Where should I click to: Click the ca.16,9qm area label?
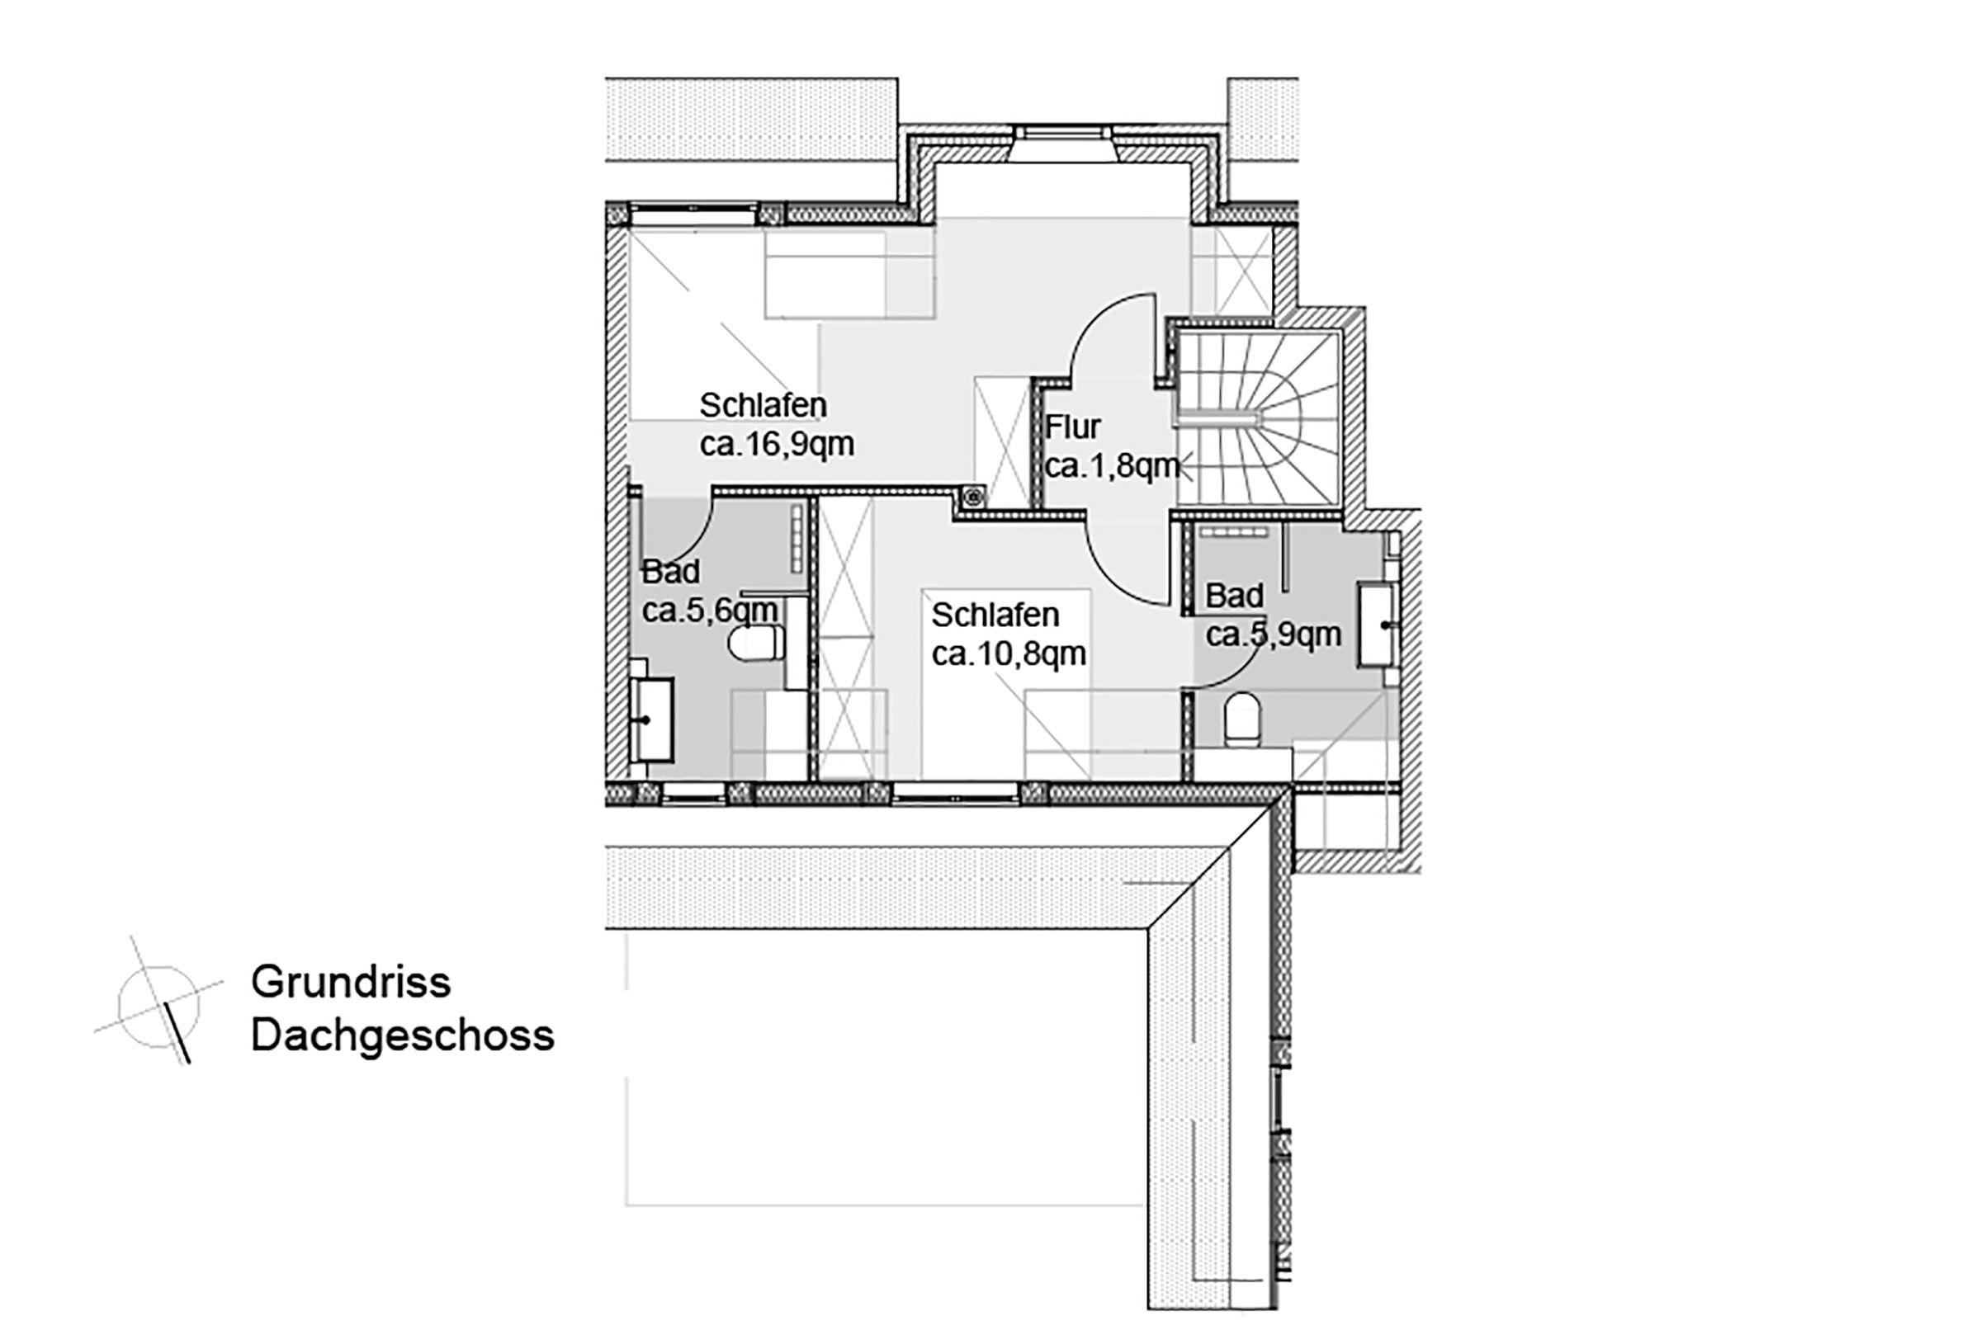click(776, 445)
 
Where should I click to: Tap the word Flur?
click(1072, 427)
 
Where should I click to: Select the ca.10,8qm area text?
click(1008, 654)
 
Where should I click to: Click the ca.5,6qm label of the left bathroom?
click(709, 610)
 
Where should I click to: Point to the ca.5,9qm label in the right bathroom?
click(1273, 634)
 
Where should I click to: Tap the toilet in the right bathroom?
click(1243, 719)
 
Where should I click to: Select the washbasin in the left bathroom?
click(653, 719)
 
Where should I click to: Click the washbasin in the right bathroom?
click(1377, 625)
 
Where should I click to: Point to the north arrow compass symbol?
click(158, 1005)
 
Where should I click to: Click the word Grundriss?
click(350, 982)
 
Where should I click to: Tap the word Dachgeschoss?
click(402, 1035)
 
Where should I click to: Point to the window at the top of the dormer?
click(1061, 133)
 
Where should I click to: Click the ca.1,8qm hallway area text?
click(1111, 466)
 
